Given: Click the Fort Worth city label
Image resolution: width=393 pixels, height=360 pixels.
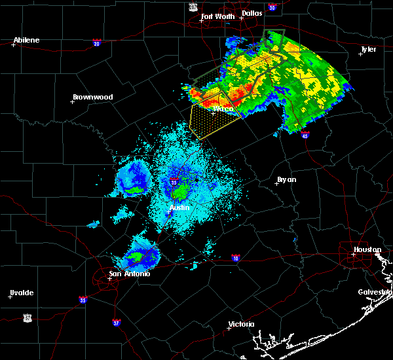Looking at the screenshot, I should click(216, 16).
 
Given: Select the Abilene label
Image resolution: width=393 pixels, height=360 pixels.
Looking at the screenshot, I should click(26, 40).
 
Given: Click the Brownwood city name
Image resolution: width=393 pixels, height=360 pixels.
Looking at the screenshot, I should click(92, 97).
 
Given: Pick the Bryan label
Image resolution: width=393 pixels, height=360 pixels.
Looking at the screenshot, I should click(286, 179).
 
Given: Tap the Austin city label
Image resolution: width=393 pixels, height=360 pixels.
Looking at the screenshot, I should click(179, 207).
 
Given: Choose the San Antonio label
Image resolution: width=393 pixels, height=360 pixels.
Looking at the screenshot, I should click(130, 274).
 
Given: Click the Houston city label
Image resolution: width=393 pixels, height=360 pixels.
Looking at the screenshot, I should click(367, 249).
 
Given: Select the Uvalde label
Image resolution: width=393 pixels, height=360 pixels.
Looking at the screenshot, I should click(22, 293).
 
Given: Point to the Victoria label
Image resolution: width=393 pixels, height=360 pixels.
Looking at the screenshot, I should click(240, 324).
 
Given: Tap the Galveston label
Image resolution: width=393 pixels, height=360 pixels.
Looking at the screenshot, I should click(375, 292).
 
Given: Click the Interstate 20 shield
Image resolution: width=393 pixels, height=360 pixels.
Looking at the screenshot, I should click(96, 43).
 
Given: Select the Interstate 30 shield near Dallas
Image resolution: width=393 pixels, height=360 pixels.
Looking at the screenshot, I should click(271, 7).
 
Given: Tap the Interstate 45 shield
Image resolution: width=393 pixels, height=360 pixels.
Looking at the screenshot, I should click(305, 135).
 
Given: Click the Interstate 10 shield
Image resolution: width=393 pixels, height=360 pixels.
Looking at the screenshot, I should click(235, 258).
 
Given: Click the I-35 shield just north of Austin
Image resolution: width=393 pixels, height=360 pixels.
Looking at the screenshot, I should click(174, 182).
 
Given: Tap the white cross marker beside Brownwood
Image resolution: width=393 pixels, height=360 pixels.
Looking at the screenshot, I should click(73, 101).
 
